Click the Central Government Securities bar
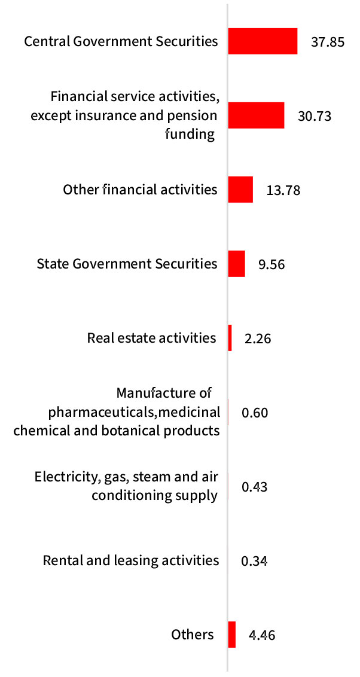(x=263, y=41)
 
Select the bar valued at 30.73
(x=256, y=115)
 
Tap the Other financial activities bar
(x=240, y=190)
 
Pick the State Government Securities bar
(x=237, y=264)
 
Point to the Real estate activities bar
(x=230, y=338)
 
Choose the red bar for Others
(x=232, y=635)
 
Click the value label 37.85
(x=328, y=42)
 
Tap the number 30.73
(x=315, y=116)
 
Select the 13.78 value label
(x=283, y=190)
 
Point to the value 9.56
(x=271, y=264)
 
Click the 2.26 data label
(x=258, y=338)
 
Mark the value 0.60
(x=255, y=413)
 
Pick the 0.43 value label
(x=254, y=487)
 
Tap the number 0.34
(x=254, y=561)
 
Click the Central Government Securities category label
(x=120, y=41)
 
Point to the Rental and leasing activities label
(x=131, y=560)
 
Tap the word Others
(x=192, y=635)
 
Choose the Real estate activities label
(x=151, y=338)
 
